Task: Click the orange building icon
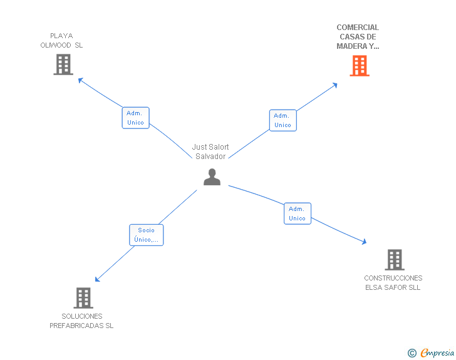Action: tap(359, 66)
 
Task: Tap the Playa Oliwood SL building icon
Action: tap(63, 64)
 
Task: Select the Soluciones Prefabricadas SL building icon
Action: tap(83, 298)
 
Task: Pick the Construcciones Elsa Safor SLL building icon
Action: tap(394, 259)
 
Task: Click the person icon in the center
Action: tap(212, 178)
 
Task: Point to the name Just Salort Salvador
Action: tap(210, 152)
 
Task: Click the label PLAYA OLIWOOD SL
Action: tap(61, 41)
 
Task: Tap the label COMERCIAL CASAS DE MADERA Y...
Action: tap(358, 37)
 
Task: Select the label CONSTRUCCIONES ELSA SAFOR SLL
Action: tap(393, 283)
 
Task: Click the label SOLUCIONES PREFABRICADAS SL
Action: tap(81, 321)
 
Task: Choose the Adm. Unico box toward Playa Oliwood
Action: tap(135, 118)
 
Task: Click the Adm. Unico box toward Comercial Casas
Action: tap(282, 120)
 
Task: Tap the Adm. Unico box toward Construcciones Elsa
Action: tap(297, 213)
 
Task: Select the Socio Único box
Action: tap(146, 235)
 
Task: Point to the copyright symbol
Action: tap(412, 354)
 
